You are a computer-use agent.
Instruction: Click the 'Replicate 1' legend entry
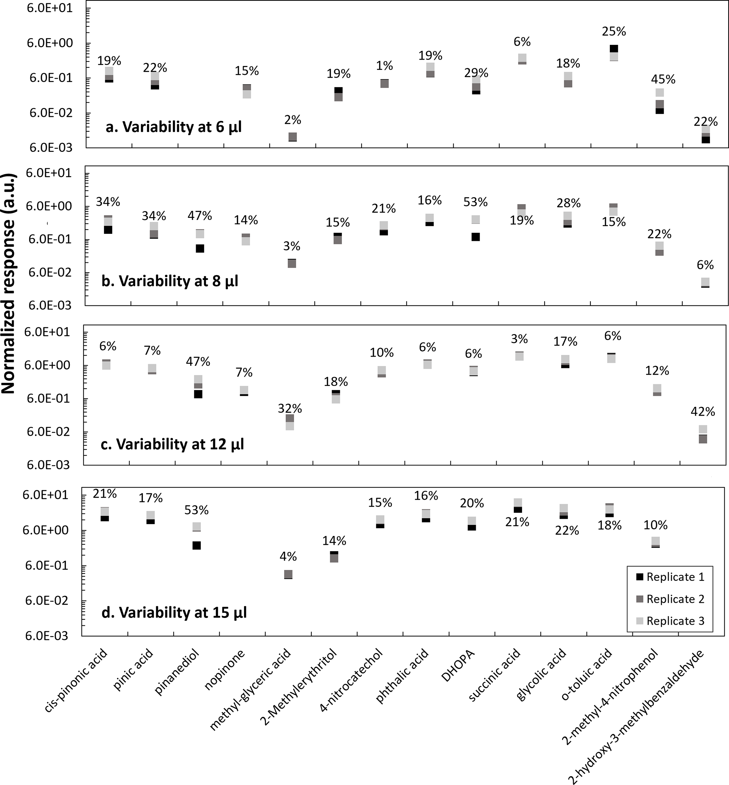[x=675, y=577]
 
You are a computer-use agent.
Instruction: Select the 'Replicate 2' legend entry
[x=675, y=599]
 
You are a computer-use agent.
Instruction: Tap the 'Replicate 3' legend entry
[x=675, y=621]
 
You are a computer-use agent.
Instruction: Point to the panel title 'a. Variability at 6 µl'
[x=174, y=127]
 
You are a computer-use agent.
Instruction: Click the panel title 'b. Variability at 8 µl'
[x=170, y=281]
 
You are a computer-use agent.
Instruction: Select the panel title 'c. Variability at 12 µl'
[x=172, y=444]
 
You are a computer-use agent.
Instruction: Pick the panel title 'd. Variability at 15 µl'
[x=174, y=612]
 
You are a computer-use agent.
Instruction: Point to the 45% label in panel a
[x=663, y=79]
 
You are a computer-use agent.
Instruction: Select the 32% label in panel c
[x=290, y=408]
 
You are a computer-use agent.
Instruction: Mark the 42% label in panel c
[x=703, y=412]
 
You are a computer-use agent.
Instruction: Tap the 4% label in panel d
[x=288, y=557]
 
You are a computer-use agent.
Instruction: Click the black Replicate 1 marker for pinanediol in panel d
[x=196, y=545]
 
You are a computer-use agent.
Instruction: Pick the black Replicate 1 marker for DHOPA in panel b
[x=476, y=237]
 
